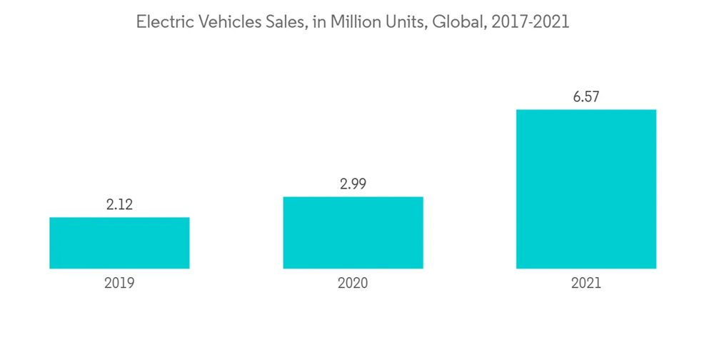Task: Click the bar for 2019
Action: [x=119, y=243]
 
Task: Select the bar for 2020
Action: [x=353, y=233]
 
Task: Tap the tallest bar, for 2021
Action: [x=586, y=189]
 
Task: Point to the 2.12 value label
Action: [x=119, y=205]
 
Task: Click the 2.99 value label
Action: [x=353, y=184]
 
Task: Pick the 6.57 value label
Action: [x=586, y=97]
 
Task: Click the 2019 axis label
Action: [x=119, y=283]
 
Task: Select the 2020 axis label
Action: [x=353, y=283]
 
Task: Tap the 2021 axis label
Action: [x=586, y=283]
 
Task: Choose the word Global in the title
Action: [x=449, y=23]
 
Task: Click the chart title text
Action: [x=353, y=23]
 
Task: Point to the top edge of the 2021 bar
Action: [x=586, y=110]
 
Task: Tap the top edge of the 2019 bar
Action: [x=119, y=218]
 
